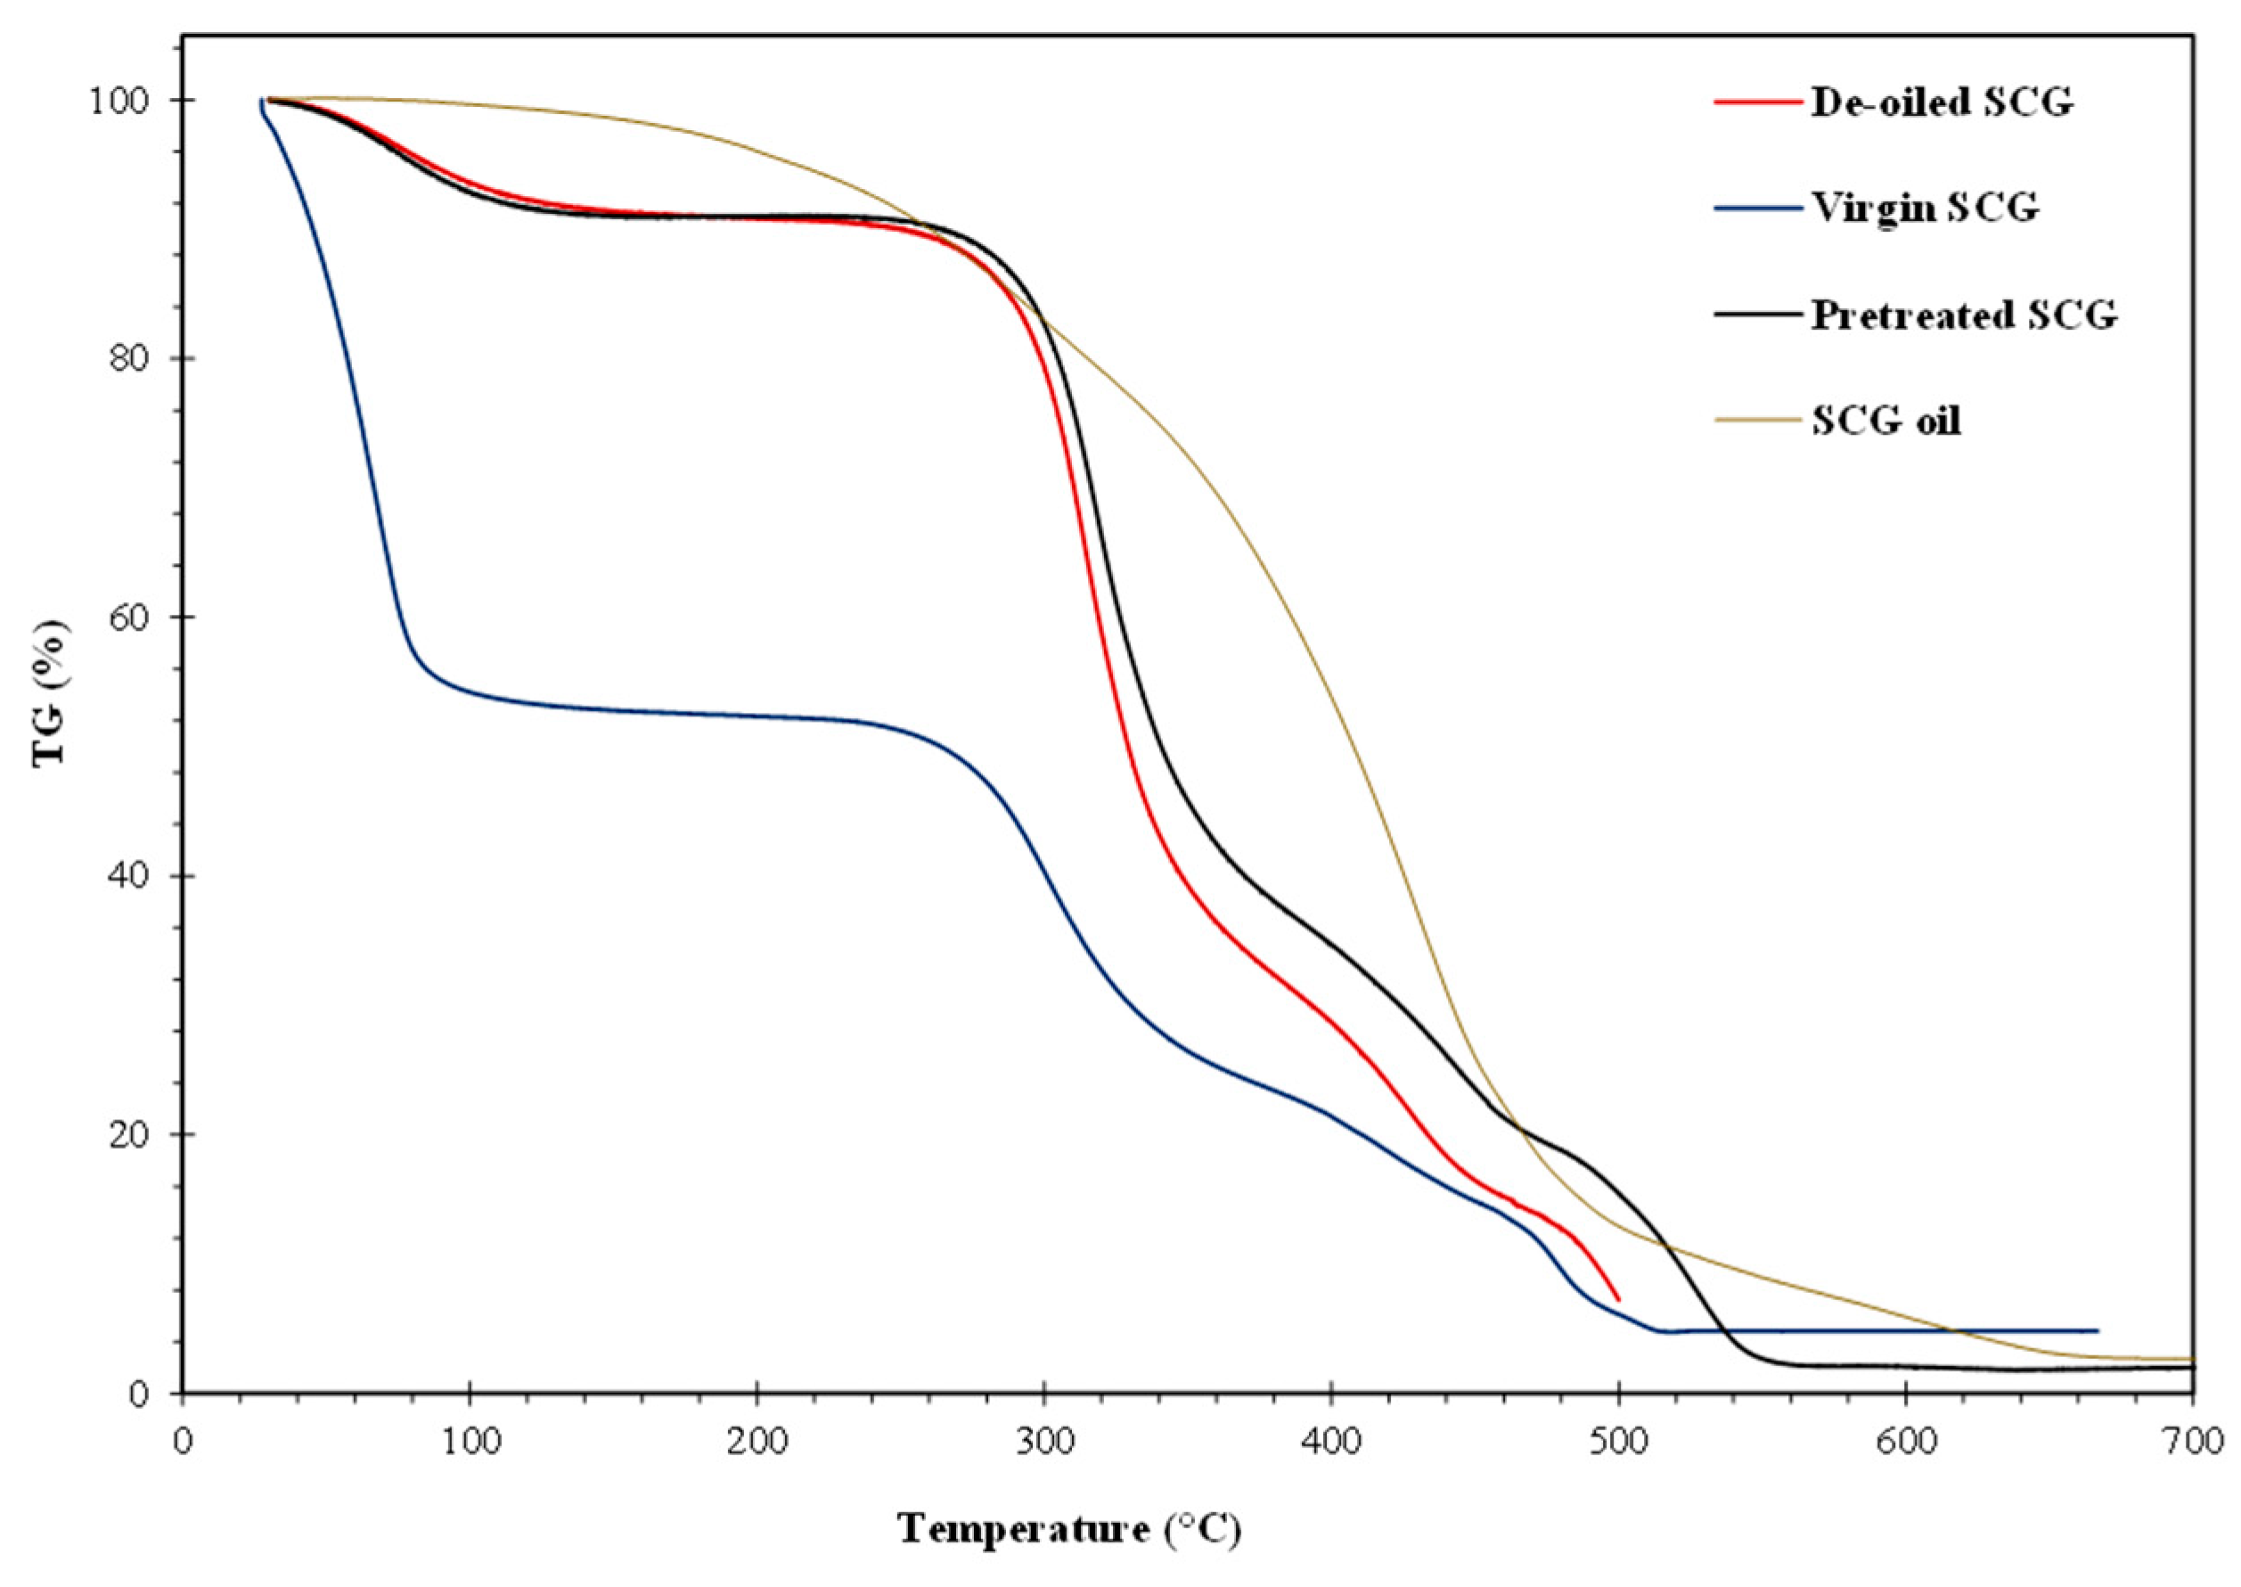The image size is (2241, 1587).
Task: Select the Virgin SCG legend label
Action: tap(1925, 209)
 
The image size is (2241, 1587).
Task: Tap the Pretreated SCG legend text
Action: tap(1964, 315)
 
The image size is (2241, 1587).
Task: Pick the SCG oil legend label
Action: tap(1885, 421)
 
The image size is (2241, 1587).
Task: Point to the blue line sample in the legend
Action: tap(1756, 209)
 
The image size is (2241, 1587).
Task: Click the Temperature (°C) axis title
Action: tap(1069, 1527)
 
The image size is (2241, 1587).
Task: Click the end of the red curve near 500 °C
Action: tap(1618, 1300)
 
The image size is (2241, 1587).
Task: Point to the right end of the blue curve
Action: tap(2097, 1331)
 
